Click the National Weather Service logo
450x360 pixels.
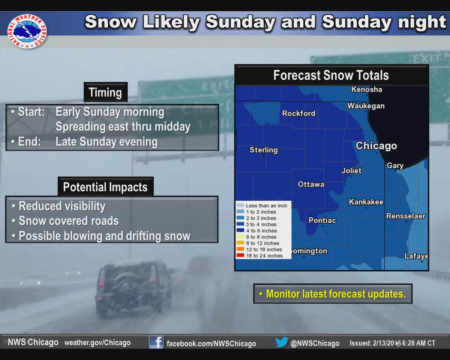click(27, 31)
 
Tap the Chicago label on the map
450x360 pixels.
click(376, 146)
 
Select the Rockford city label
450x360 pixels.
click(298, 113)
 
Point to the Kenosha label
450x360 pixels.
click(366, 90)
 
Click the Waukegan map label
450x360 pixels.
click(366, 106)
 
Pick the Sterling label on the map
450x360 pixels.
click(264, 150)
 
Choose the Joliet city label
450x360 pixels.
click(351, 171)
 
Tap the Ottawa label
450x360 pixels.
click(311, 184)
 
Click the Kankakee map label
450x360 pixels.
click(366, 202)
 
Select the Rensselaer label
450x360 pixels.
click(406, 216)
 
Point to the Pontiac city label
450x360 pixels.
click(322, 220)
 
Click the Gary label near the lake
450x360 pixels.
click(395, 166)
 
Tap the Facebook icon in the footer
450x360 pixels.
click(156, 342)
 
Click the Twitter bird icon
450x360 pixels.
click(281, 342)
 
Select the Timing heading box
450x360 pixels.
click(105, 92)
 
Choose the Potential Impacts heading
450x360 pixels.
click(105, 187)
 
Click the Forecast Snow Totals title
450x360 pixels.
click(331, 75)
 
